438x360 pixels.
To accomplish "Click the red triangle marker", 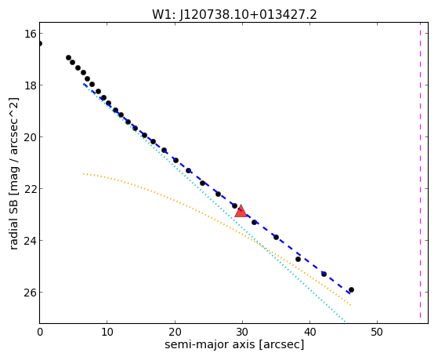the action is click(x=241, y=211).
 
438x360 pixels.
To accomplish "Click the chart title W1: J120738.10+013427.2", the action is click(x=234, y=14).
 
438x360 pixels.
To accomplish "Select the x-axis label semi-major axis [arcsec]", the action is click(x=234, y=344).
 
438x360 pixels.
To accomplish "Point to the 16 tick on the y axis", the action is click(x=31, y=34).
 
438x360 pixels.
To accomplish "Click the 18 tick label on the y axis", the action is click(x=31, y=85).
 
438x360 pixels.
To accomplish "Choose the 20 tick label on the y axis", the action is click(x=31, y=136).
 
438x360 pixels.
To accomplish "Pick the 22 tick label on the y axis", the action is click(x=31, y=188).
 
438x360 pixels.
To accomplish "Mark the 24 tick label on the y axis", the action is click(x=31, y=240).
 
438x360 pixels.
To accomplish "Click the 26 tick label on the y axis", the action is click(x=31, y=292).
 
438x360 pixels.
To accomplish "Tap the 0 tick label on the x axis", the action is click(x=40, y=332).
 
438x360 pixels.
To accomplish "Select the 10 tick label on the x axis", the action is click(x=107, y=332).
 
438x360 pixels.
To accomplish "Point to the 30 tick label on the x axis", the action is click(x=242, y=332).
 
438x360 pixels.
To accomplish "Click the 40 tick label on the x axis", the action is click(x=309, y=332).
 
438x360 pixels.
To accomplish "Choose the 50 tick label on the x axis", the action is click(x=377, y=332).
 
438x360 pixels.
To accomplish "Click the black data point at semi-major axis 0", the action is click(x=40, y=43).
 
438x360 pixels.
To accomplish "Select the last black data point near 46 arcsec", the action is click(x=351, y=289).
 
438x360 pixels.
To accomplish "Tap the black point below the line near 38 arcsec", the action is click(x=298, y=260).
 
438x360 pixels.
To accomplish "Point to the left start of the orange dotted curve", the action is click(x=84, y=174).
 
